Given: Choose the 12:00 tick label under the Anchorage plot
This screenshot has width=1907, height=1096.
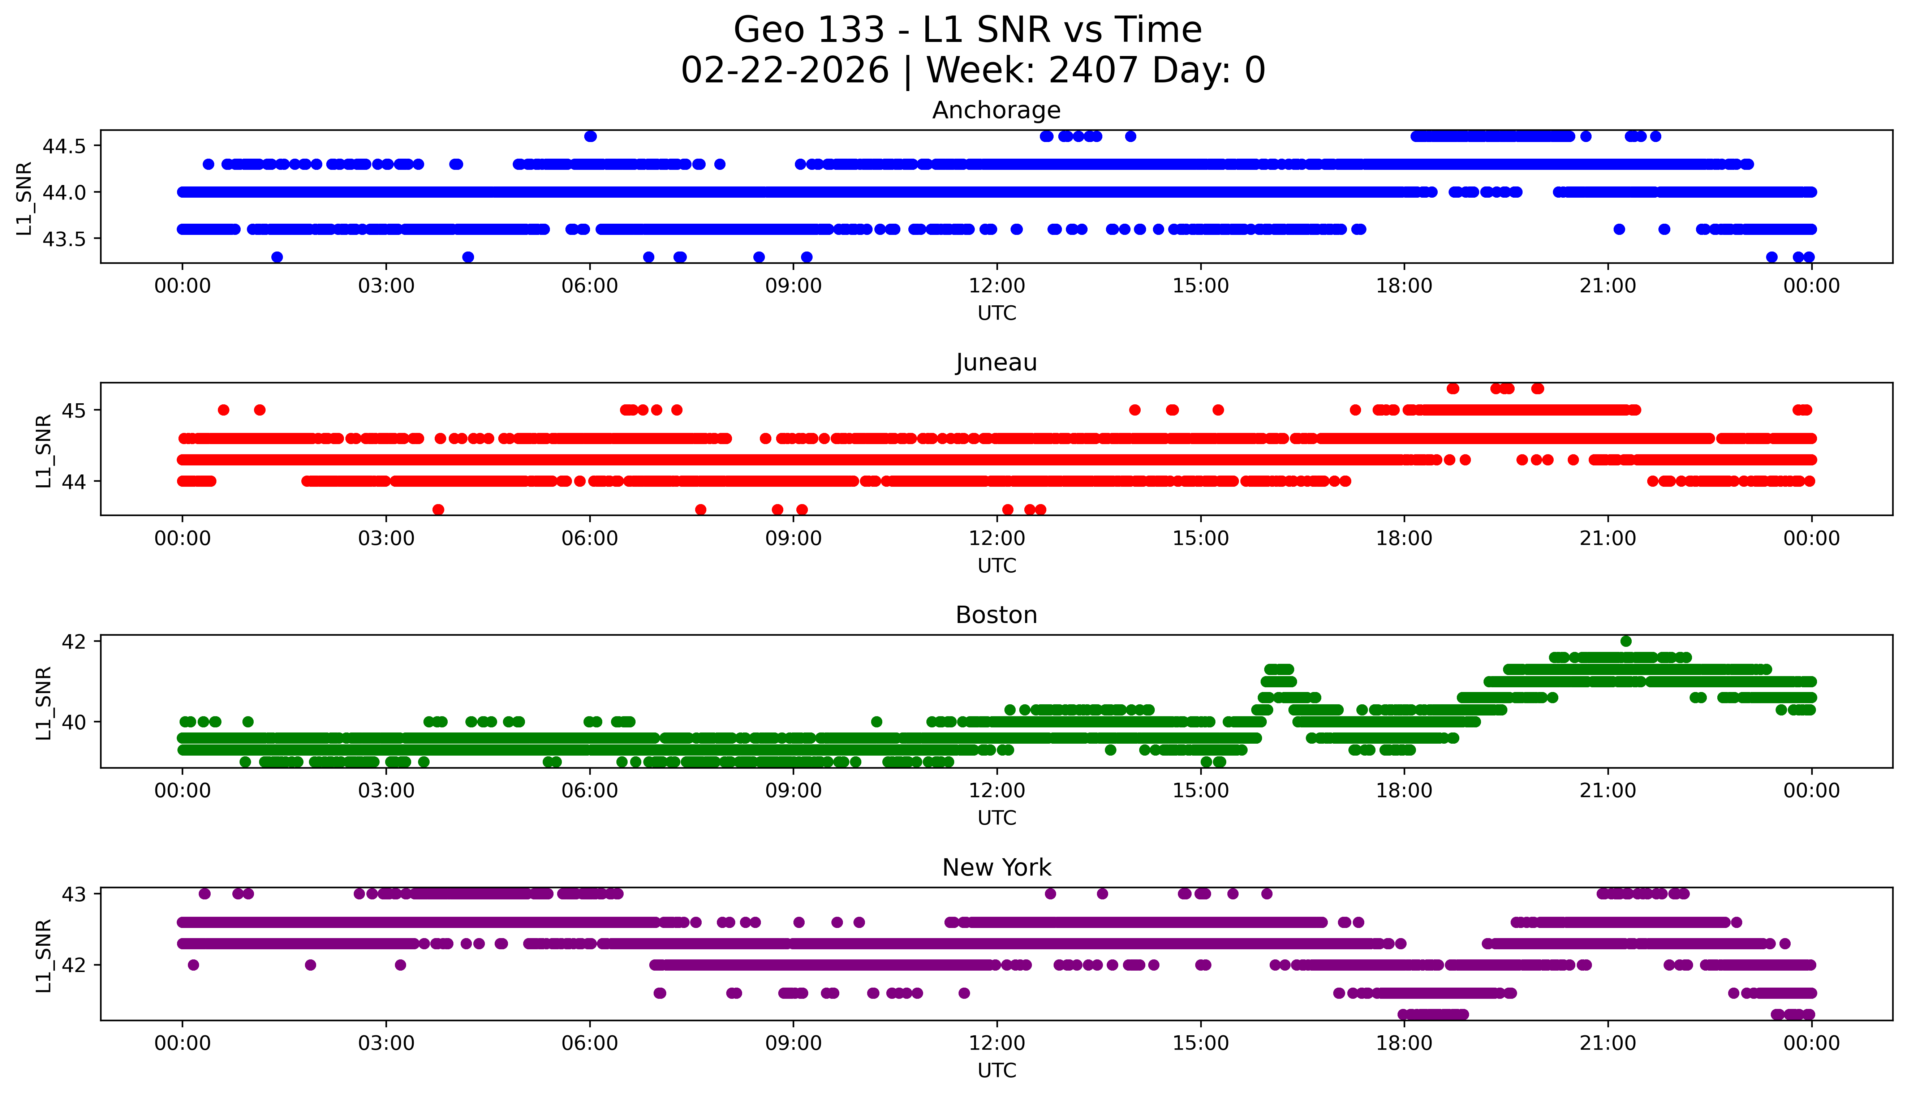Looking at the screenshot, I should coord(996,286).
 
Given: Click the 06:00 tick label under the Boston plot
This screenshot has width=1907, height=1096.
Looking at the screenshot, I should coord(589,790).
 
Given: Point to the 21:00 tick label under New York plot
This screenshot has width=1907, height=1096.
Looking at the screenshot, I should coord(1607,1043).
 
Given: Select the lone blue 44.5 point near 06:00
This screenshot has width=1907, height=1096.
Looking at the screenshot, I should coord(590,136).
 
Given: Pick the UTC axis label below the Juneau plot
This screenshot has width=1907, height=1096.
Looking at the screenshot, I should coord(996,565).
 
